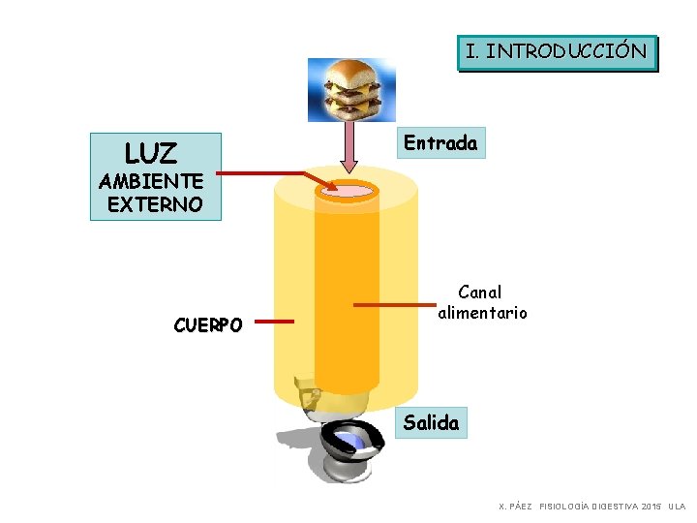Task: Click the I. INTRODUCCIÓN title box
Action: (x=557, y=51)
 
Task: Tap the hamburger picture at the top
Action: (x=351, y=89)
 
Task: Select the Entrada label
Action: (x=440, y=143)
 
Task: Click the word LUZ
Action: (x=151, y=153)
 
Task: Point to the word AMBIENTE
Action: (x=151, y=181)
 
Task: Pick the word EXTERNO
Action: (x=155, y=204)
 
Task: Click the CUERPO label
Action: (x=208, y=324)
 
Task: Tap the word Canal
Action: (x=480, y=292)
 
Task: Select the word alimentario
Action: (x=483, y=313)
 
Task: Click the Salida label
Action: (x=432, y=422)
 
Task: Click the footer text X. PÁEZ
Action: (x=515, y=507)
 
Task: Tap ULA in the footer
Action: (x=677, y=507)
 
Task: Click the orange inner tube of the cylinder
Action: (x=347, y=291)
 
